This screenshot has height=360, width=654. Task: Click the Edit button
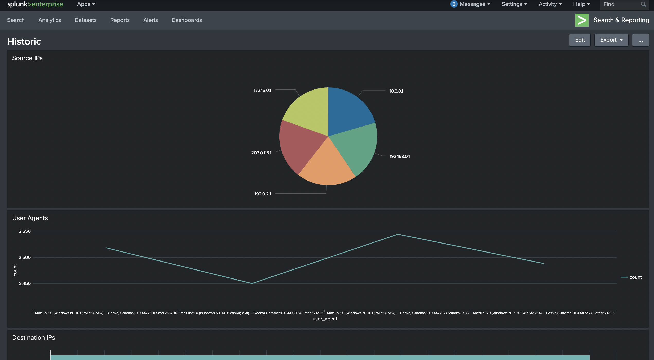pyautogui.click(x=579, y=40)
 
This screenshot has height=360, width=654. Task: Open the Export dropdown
pyautogui.click(x=611, y=40)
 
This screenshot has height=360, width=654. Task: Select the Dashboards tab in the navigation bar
pyautogui.click(x=187, y=20)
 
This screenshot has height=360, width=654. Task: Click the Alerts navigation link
pyautogui.click(x=151, y=20)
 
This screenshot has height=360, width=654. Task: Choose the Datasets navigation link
pyautogui.click(x=85, y=20)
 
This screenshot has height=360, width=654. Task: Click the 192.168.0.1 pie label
pyautogui.click(x=399, y=156)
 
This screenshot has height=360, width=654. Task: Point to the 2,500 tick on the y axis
pyautogui.click(x=25, y=257)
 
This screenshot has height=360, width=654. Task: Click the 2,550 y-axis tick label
pyautogui.click(x=25, y=231)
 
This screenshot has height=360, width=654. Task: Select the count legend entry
pyautogui.click(x=635, y=277)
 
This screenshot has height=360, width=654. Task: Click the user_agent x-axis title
pyautogui.click(x=325, y=319)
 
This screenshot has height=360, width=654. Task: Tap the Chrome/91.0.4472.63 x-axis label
pyautogui.click(x=398, y=313)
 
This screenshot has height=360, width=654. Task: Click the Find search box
pyautogui.click(x=621, y=4)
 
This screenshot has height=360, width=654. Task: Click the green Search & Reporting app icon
pyautogui.click(x=581, y=20)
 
